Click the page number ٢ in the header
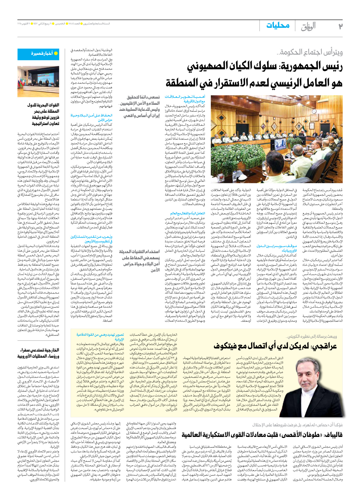(x=340, y=26)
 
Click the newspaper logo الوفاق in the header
(x=308, y=26)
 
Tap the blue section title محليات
(x=278, y=26)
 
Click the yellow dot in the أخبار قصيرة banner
(x=56, y=54)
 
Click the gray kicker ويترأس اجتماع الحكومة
(x=310, y=52)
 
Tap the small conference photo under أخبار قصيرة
(x=38, y=81)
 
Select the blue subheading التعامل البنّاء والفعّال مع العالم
(x=187, y=213)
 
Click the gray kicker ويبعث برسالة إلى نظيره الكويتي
(x=311, y=336)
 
